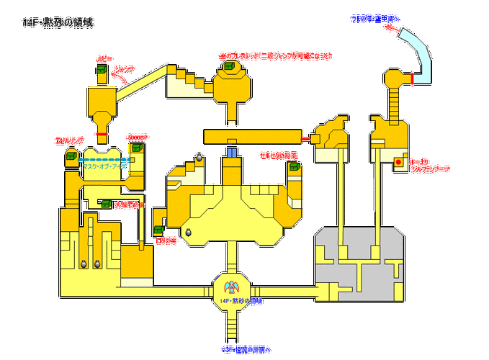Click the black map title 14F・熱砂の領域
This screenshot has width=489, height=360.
58,23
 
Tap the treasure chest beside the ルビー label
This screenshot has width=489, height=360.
102,69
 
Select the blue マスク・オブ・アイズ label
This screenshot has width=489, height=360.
104,166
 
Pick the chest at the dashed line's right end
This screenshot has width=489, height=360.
134,148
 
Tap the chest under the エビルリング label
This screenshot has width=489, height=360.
73,152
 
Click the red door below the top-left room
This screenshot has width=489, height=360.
102,135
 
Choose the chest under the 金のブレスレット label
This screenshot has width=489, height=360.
230,66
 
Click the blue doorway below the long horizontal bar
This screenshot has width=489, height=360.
231,152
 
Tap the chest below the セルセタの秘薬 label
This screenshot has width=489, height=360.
294,167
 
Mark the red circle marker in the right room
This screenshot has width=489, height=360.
398,163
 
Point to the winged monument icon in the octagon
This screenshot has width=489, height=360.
231,285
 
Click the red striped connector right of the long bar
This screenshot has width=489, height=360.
305,137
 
